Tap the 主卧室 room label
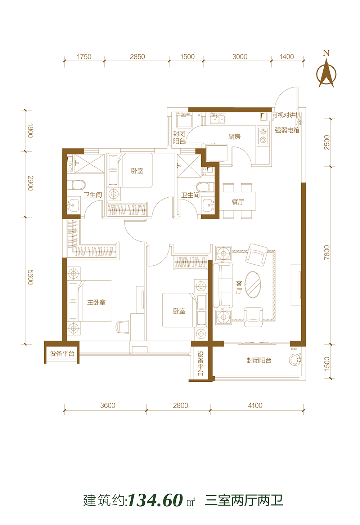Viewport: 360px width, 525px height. tap(96, 302)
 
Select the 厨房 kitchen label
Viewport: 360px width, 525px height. tap(234, 136)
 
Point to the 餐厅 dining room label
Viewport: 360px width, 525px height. tap(238, 202)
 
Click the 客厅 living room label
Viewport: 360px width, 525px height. tap(239, 287)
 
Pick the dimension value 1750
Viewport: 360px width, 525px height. tap(84, 57)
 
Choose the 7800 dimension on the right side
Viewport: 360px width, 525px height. tap(327, 252)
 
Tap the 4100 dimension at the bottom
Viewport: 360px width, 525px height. tap(255, 405)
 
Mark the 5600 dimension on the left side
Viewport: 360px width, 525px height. tap(31, 277)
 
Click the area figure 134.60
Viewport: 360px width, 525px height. tap(156, 500)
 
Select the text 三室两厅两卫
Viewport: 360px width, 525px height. tap(244, 500)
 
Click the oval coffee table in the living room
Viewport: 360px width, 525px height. tap(253, 285)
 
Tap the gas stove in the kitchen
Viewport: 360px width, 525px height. tap(263, 136)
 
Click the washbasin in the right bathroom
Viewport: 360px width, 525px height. tap(208, 205)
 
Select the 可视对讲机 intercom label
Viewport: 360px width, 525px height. tap(287, 115)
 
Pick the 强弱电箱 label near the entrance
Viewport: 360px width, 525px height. tap(287, 130)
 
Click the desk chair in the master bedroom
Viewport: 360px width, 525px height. tap(122, 327)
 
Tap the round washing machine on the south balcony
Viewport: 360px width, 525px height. tap(296, 359)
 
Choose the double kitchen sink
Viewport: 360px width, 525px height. tap(217, 118)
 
